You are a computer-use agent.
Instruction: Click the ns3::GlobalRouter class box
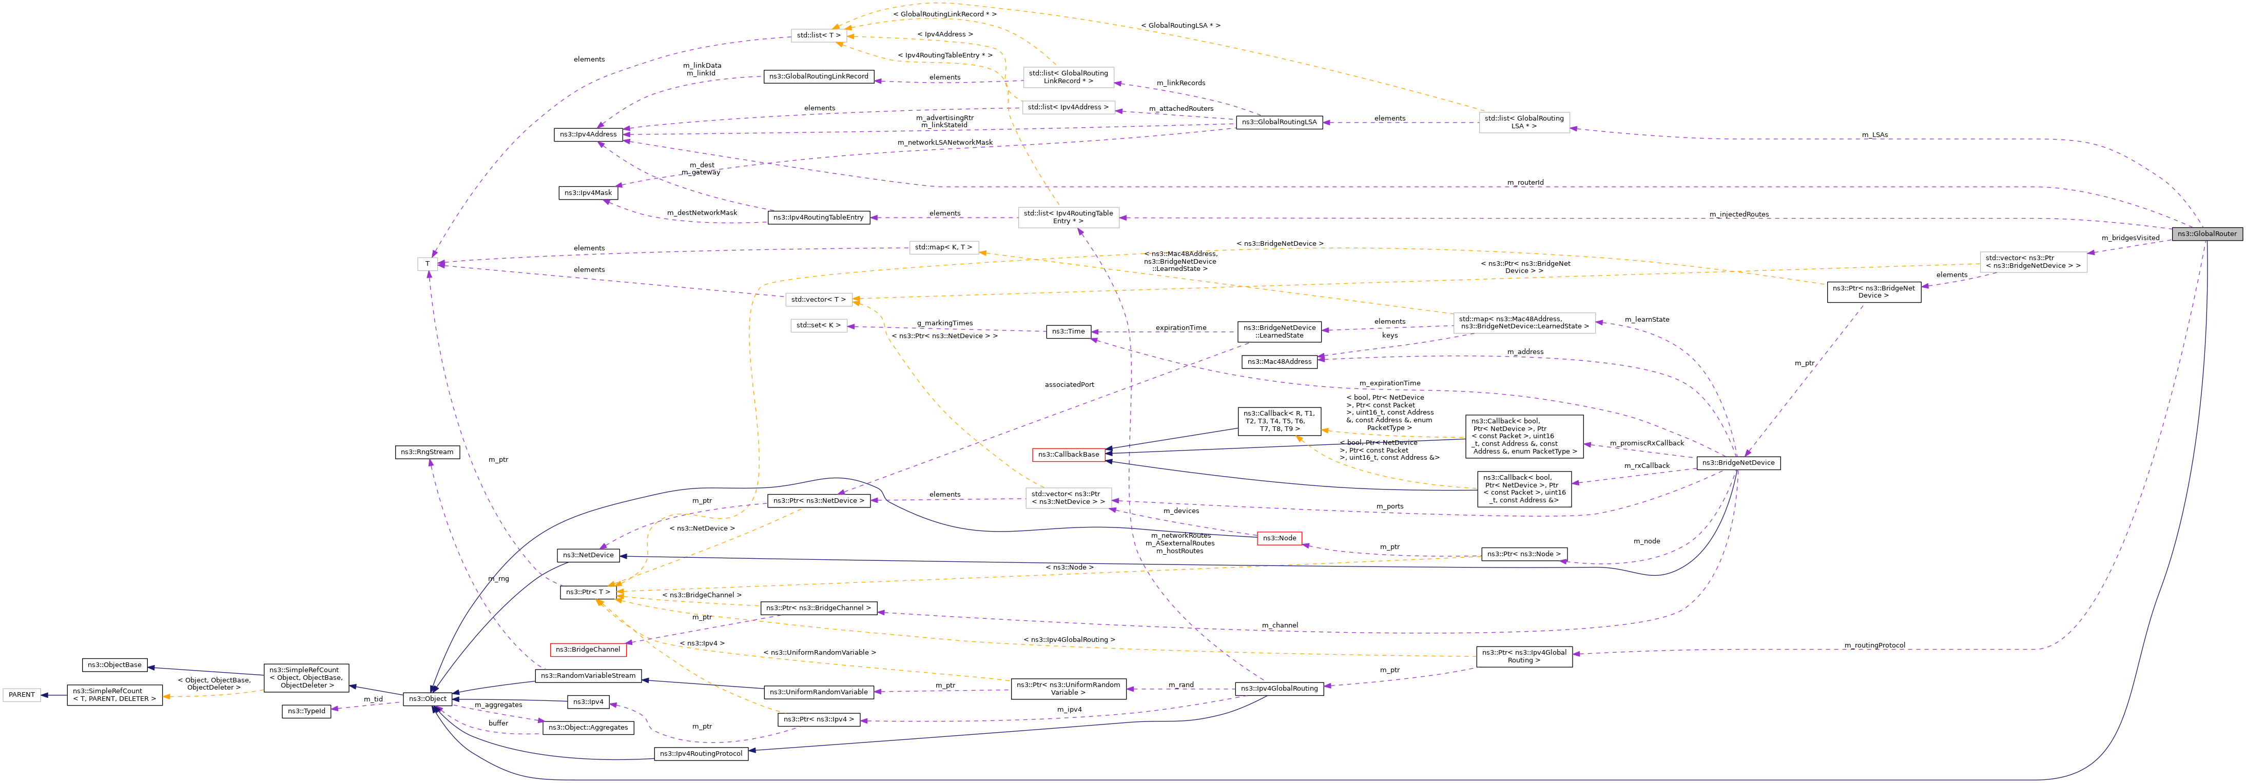coord(2206,233)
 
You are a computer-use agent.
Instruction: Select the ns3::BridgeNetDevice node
coord(1738,463)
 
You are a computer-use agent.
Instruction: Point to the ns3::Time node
coord(1068,331)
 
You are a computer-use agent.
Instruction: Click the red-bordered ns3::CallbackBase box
coord(1068,454)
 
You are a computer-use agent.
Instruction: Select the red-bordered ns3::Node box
coord(1278,538)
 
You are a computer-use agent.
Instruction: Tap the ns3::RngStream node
coord(427,452)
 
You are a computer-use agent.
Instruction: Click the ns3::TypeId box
coord(306,712)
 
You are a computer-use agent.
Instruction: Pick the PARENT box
coord(22,695)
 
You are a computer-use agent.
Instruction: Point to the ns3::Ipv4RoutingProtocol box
coord(701,753)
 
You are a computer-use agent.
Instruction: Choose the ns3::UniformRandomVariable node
coord(817,692)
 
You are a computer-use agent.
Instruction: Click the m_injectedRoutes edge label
coord(1738,214)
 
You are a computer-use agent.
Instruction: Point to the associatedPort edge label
coord(1069,384)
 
